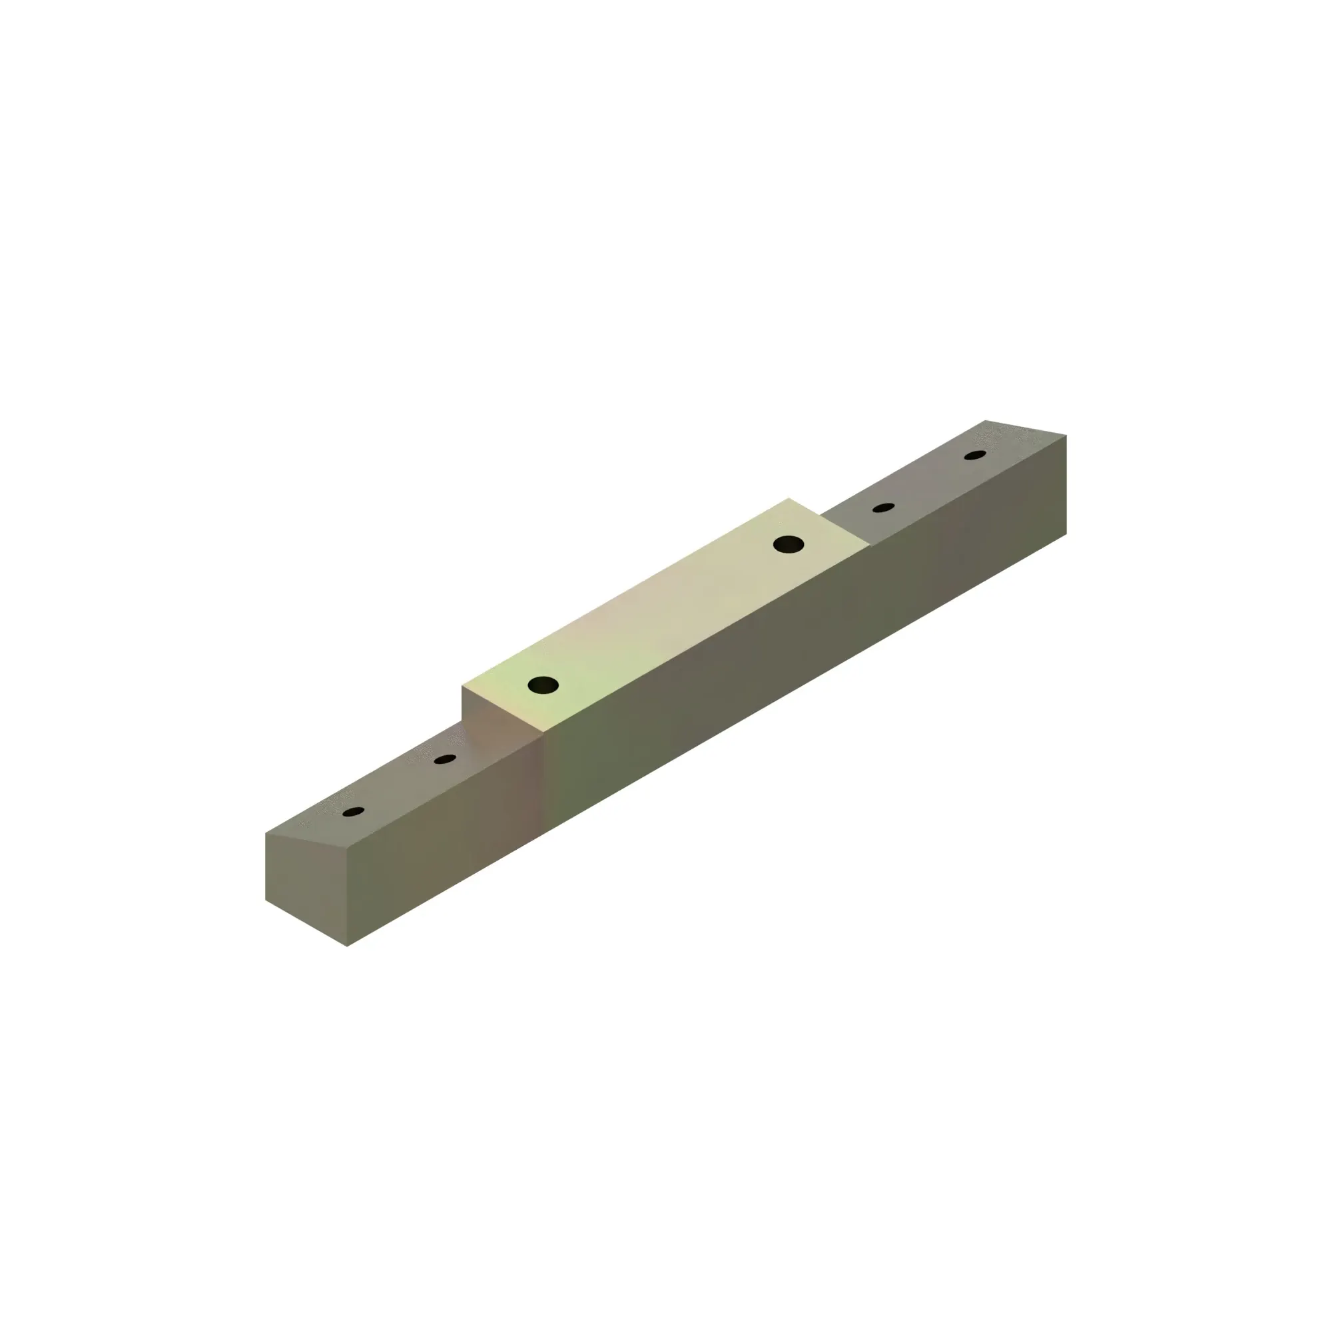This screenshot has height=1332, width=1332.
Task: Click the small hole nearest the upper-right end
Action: coord(975,455)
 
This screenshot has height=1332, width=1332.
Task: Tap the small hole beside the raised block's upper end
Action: coord(883,507)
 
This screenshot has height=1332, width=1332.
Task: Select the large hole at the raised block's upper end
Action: coord(788,544)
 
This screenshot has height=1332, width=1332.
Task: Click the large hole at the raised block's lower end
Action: coord(543,685)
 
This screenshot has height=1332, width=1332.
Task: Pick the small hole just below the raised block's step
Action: coord(446,759)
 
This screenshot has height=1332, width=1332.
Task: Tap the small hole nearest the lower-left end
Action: coord(353,812)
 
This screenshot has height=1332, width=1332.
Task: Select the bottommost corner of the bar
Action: coord(347,946)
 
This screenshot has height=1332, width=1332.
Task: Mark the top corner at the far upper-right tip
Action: coord(984,420)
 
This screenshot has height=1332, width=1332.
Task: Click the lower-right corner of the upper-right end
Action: coord(1066,533)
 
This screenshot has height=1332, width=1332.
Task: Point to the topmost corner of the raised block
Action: coord(789,498)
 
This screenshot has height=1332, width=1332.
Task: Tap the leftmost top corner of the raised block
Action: coord(462,687)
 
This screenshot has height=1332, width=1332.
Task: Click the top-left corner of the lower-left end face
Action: coord(266,833)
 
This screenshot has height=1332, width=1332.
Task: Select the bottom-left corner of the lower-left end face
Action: coord(266,900)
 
